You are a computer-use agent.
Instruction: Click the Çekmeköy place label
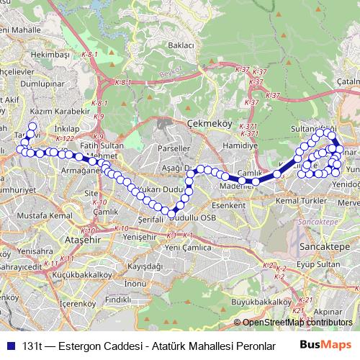click(208, 123)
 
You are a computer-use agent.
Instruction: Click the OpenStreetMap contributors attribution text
click(297, 322)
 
